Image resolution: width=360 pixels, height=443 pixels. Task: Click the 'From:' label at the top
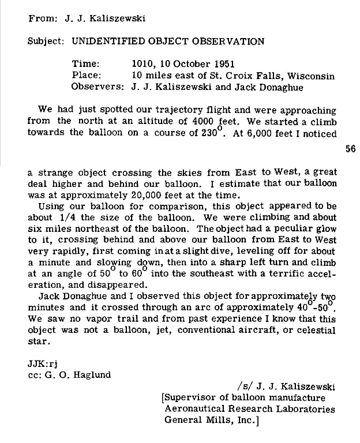(42, 18)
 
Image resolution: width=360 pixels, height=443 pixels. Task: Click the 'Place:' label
(87, 76)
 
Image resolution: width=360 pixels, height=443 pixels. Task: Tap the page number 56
(350, 148)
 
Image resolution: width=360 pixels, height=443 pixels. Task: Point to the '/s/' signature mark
(243, 386)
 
